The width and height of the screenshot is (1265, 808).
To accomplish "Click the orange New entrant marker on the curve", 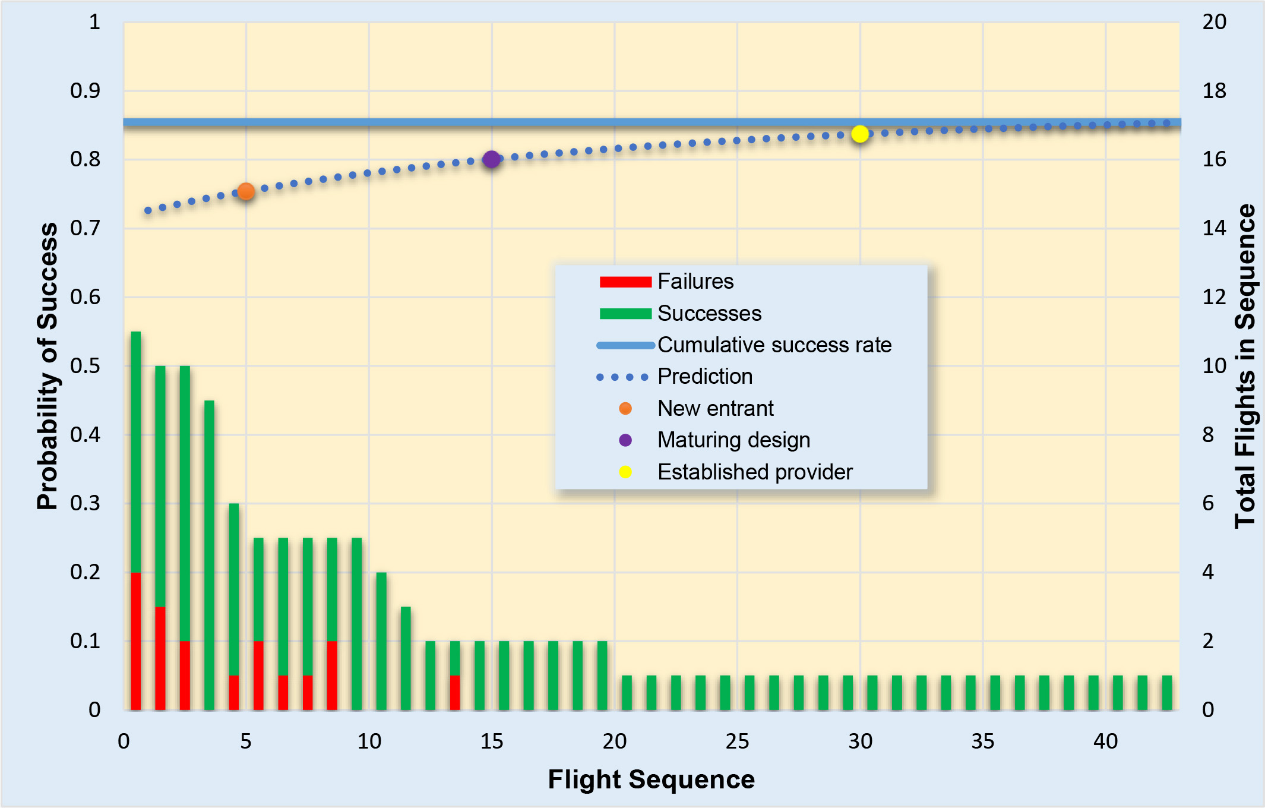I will pyautogui.click(x=246, y=191).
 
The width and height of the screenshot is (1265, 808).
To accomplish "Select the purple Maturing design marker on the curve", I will pyautogui.click(x=491, y=159).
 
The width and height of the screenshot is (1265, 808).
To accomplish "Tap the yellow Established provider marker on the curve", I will pyautogui.click(x=859, y=134).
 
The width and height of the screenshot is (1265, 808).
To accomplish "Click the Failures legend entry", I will pyautogui.click(x=695, y=281).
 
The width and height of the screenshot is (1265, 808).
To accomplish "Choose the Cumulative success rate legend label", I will pyautogui.click(x=774, y=345).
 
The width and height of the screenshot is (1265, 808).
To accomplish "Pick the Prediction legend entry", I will pyautogui.click(x=704, y=376).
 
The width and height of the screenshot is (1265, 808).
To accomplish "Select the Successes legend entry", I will pyautogui.click(x=709, y=313).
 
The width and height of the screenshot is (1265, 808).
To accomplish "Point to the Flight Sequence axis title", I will pyautogui.click(x=651, y=779).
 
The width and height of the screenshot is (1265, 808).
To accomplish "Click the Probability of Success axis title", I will pyautogui.click(x=48, y=366).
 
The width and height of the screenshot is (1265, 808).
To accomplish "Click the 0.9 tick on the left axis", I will pyautogui.click(x=85, y=91).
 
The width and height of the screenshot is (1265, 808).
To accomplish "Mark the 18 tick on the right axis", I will pyautogui.click(x=1214, y=91).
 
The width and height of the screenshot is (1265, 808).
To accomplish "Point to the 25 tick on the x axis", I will pyautogui.click(x=737, y=741).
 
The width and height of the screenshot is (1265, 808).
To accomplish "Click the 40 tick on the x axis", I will pyautogui.click(x=1105, y=741).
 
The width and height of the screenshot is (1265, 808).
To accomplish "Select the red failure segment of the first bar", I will pyautogui.click(x=136, y=640).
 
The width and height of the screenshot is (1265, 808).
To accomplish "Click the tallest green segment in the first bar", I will pyautogui.click(x=136, y=452).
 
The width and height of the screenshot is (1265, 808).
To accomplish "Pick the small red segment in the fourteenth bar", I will pyautogui.click(x=455, y=692).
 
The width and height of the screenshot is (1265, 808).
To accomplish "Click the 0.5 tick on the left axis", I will pyautogui.click(x=85, y=366).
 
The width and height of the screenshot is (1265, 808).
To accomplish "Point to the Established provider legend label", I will pyautogui.click(x=754, y=472).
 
